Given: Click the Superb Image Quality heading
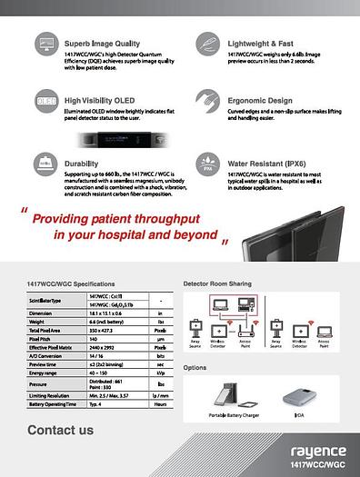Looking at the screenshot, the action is click(103, 43).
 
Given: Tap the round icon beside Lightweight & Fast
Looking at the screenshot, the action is click(205, 45).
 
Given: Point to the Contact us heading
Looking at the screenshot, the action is click(60, 430).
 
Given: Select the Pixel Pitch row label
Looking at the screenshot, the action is click(42, 337).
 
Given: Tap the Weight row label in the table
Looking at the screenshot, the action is click(37, 321).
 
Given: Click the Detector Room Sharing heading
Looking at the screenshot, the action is click(217, 284).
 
